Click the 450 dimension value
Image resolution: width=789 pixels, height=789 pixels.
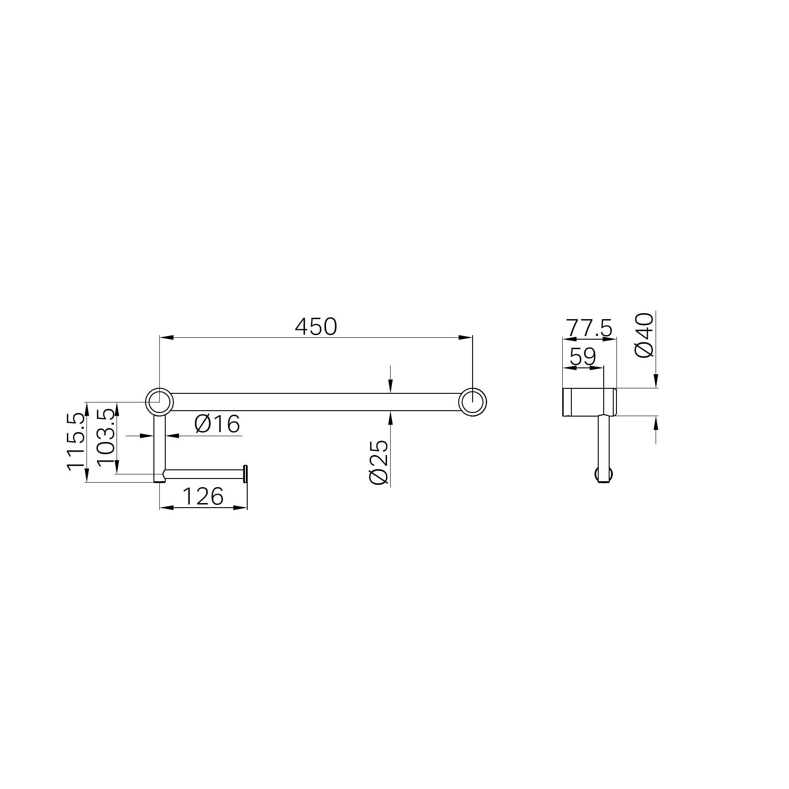(316, 326)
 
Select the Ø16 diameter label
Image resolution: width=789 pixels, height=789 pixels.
(217, 424)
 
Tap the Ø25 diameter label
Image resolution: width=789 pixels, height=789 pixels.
(378, 462)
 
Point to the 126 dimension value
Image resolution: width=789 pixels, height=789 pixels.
(203, 496)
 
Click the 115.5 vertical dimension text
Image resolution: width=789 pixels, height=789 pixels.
(76, 441)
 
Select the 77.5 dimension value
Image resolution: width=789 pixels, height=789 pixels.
(589, 328)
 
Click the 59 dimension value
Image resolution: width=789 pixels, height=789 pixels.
(583, 357)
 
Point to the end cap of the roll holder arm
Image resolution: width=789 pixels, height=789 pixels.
(246, 474)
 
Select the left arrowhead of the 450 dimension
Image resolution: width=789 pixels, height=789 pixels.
(167, 337)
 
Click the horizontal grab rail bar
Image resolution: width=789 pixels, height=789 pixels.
(314, 402)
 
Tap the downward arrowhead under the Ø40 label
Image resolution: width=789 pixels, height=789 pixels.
(656, 381)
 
